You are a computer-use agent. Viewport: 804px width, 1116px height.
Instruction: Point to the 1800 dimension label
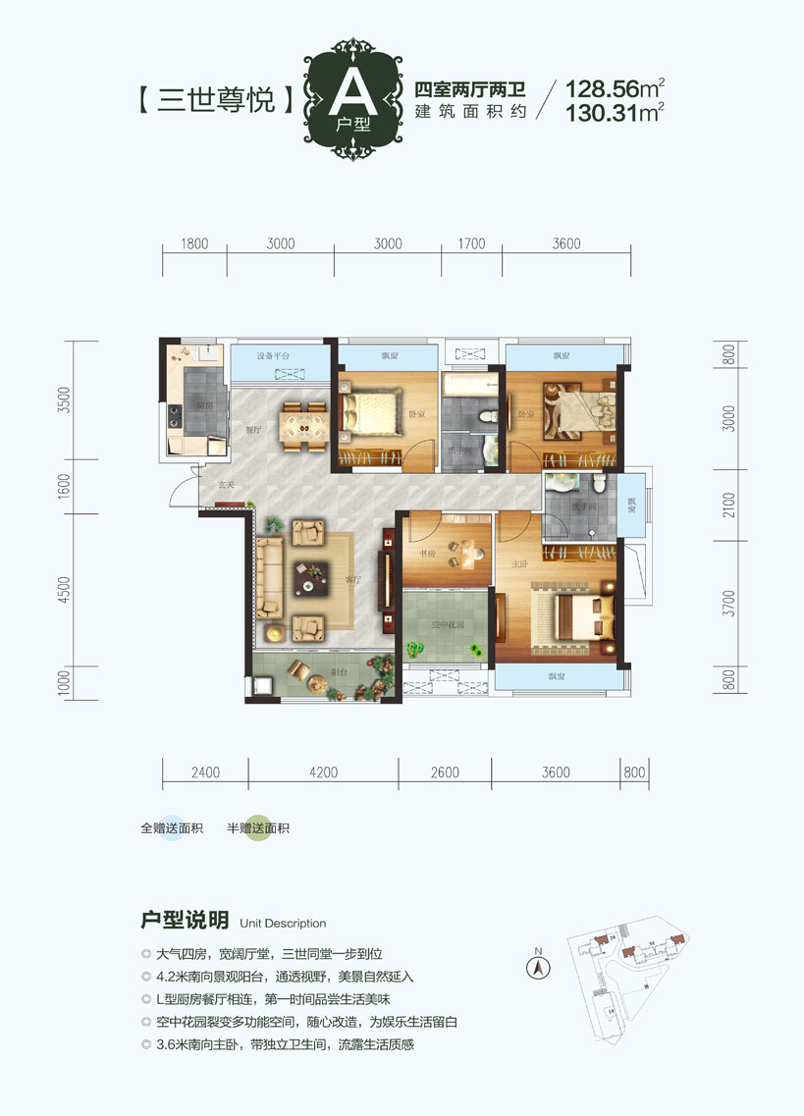coord(195,244)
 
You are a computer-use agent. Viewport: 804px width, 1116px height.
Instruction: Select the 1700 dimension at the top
coord(472,244)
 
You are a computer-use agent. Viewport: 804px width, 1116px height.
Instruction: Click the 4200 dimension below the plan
coord(322,772)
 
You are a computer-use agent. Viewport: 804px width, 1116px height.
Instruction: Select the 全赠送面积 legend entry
coord(171,828)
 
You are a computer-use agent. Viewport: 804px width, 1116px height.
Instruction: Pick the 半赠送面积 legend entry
coord(257,828)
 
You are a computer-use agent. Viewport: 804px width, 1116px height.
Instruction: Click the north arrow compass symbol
coord(537,966)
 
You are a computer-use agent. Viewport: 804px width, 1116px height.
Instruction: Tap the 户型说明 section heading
coord(185,921)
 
